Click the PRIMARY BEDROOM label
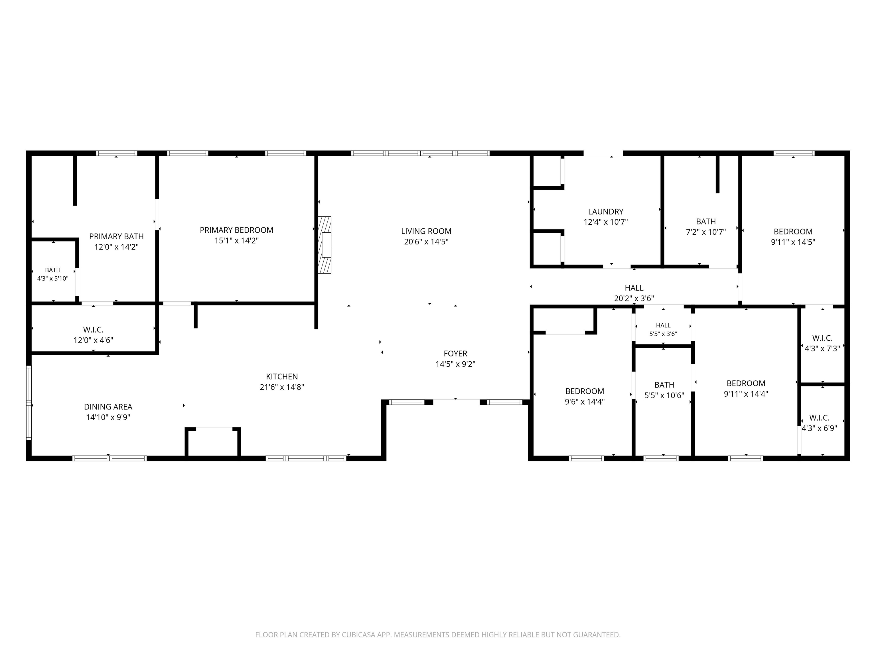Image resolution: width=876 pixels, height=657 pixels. point(236,230)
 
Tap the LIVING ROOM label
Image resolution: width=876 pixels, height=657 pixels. point(426,231)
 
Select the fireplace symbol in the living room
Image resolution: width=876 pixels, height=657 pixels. point(325,245)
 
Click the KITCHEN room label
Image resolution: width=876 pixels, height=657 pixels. point(282,377)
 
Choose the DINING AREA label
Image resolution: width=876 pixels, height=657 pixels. point(108,407)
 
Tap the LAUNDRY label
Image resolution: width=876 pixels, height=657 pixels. point(605,212)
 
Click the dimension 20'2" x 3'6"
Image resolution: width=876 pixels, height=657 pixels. point(634,299)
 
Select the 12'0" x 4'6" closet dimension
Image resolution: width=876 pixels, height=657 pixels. point(94,340)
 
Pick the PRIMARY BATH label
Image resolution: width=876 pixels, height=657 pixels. point(116,236)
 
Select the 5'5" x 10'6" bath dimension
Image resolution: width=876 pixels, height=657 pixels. point(664,396)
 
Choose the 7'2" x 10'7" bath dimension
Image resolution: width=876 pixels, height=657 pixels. point(706,232)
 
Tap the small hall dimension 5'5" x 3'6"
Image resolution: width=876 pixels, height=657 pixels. point(663,334)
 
